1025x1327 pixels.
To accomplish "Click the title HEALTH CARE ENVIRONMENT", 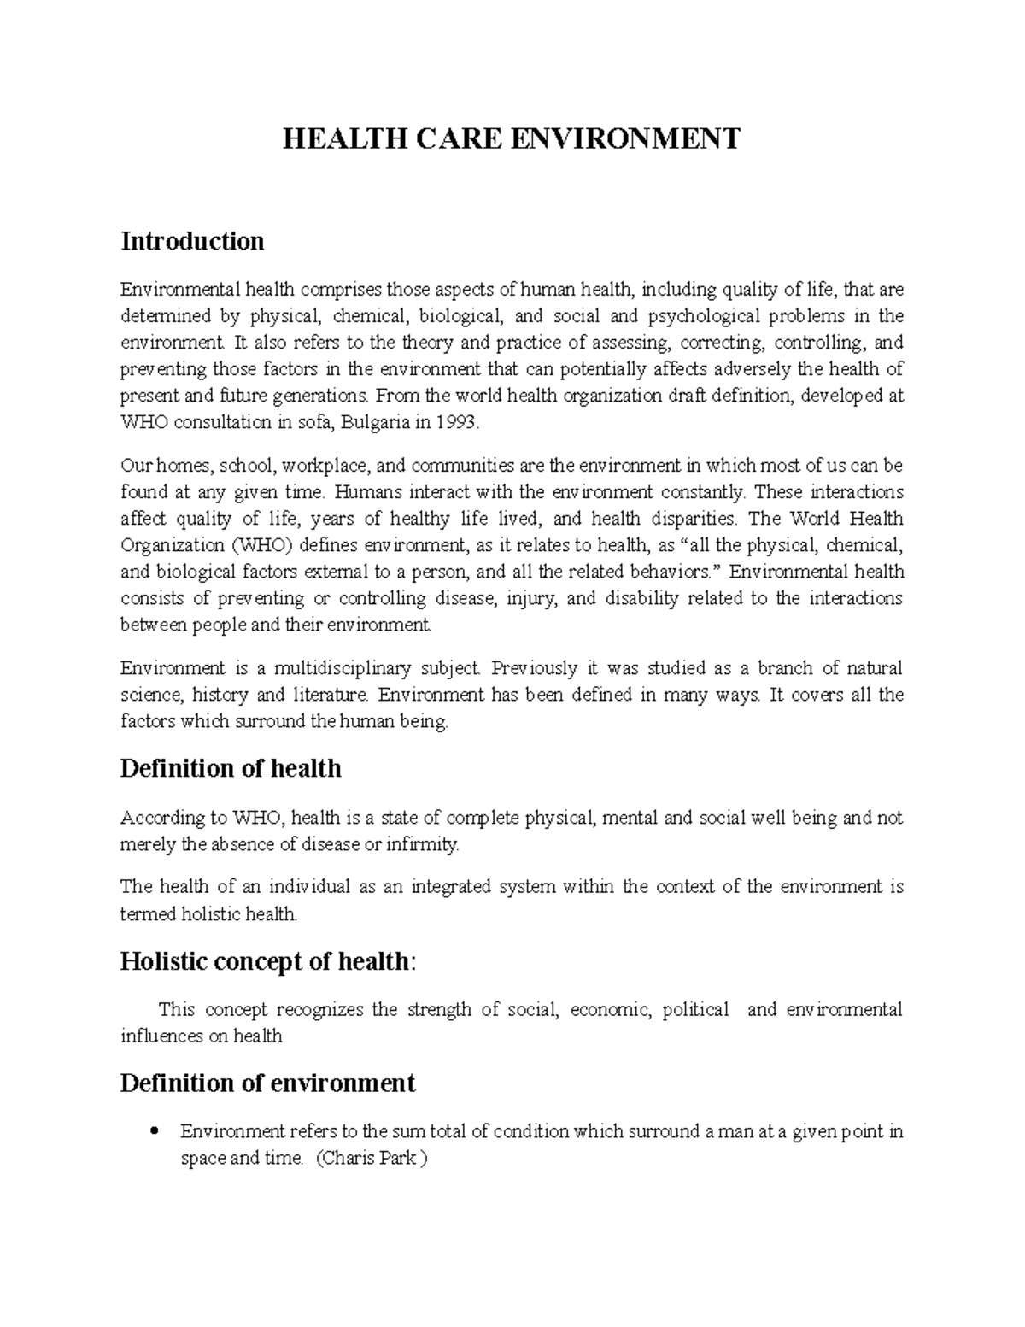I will click(x=512, y=138).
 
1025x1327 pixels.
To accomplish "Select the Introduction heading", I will click(x=192, y=242).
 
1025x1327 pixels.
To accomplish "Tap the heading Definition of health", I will click(x=231, y=769).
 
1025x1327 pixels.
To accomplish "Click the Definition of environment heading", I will click(x=267, y=1083).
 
